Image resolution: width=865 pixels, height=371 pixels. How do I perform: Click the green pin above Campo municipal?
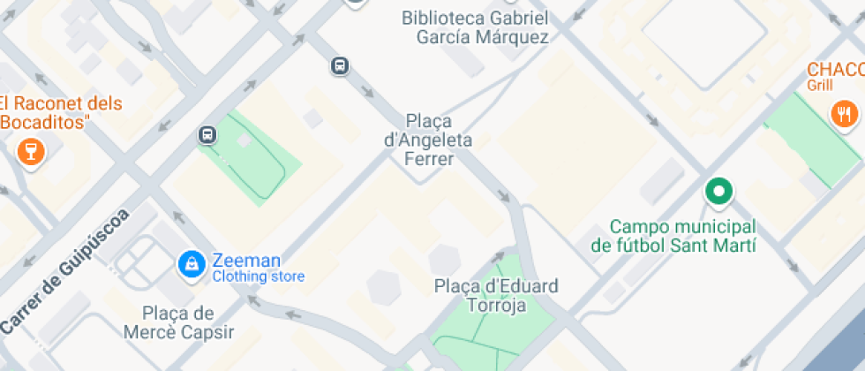point(718,191)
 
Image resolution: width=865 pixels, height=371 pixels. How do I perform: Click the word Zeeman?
point(246,261)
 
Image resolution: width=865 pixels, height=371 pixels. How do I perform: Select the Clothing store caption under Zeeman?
point(258,277)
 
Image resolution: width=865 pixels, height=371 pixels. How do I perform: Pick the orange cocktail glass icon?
point(30,151)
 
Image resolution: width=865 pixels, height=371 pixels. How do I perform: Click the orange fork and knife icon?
point(844,113)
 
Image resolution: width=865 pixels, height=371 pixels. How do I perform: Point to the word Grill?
point(819,86)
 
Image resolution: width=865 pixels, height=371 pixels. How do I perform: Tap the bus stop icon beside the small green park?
point(207,135)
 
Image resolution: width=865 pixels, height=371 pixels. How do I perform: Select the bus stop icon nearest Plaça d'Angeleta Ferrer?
point(340,65)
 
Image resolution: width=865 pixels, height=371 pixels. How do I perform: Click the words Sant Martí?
point(719,245)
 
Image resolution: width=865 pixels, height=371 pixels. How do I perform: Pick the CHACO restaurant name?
point(835,70)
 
